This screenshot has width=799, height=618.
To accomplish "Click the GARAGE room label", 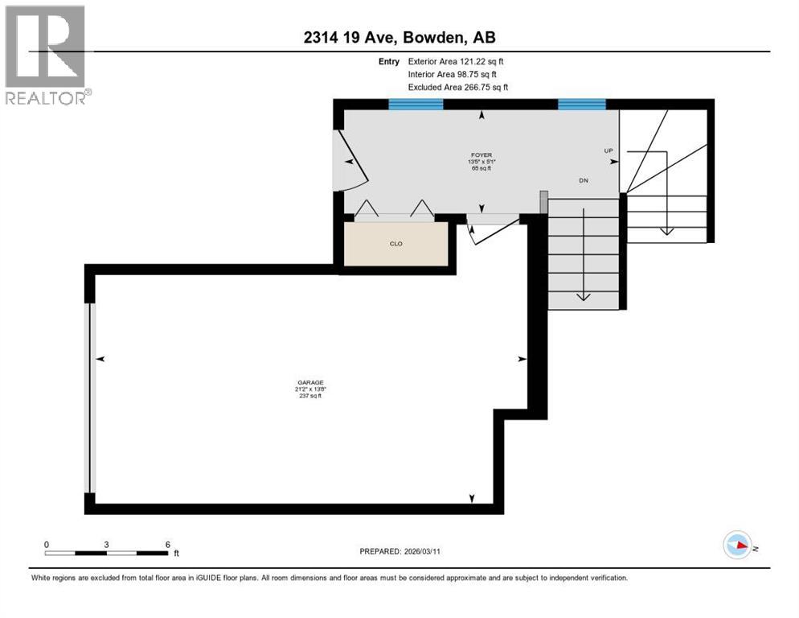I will pyautogui.click(x=309, y=382).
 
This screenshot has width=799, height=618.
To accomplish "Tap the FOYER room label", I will pyautogui.click(x=481, y=154).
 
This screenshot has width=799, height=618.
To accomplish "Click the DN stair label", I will pyautogui.click(x=584, y=180).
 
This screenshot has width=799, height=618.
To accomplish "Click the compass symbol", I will pyautogui.click(x=737, y=545).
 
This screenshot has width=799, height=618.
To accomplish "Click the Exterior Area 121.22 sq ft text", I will pyautogui.click(x=456, y=61).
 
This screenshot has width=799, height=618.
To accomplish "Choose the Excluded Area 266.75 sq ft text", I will pyautogui.click(x=458, y=87).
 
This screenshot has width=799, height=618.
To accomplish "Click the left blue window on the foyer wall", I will pyautogui.click(x=416, y=104).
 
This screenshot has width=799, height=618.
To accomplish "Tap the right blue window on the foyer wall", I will pyautogui.click(x=582, y=104).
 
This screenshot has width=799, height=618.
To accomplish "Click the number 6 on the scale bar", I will pyautogui.click(x=167, y=544).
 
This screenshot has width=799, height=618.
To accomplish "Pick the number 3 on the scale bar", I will pyautogui.click(x=106, y=544).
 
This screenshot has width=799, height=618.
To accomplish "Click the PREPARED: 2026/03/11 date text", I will pyautogui.click(x=401, y=551).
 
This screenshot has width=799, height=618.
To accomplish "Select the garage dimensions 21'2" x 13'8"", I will pyautogui.click(x=309, y=389).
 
